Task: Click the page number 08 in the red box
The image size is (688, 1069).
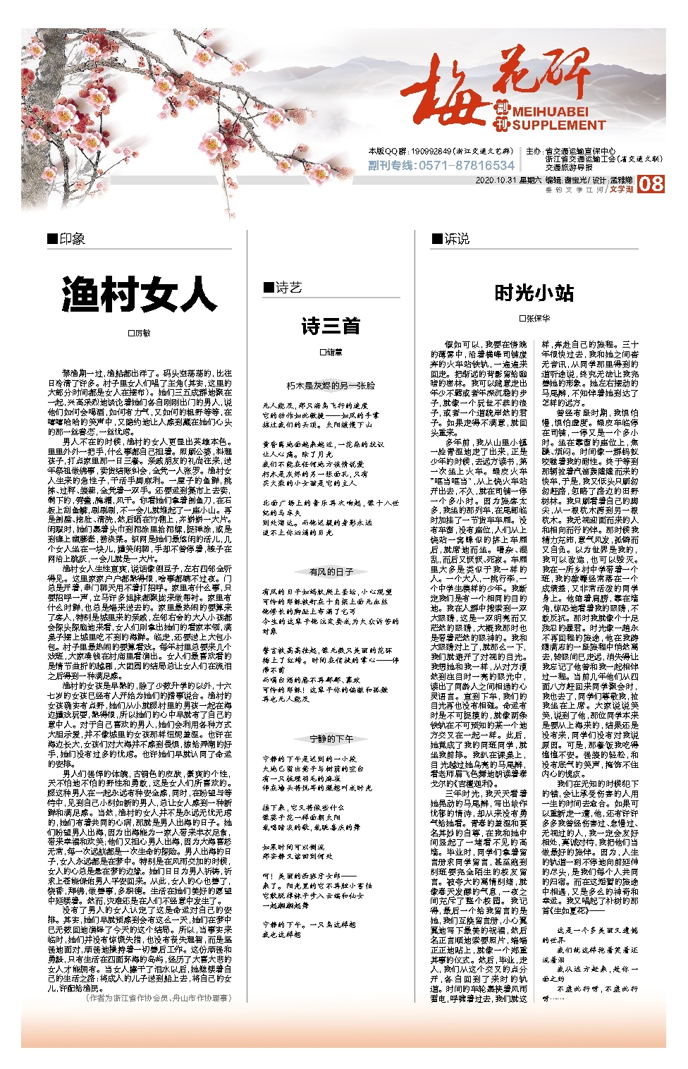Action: [x=651, y=184]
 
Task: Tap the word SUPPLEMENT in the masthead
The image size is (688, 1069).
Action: [x=558, y=126]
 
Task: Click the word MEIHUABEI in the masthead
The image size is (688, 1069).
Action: [x=550, y=112]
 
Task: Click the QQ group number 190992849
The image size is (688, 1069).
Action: [x=426, y=151]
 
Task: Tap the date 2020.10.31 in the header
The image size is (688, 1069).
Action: [x=496, y=181]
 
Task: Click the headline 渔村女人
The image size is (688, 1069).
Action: [x=139, y=294]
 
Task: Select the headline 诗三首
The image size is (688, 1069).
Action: [x=331, y=326]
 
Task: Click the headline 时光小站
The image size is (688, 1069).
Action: [x=534, y=293]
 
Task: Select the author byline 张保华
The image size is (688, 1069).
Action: [x=534, y=318]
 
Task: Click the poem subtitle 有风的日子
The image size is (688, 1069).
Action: [x=331, y=572]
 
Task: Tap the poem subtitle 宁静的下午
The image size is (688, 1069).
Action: [x=331, y=739]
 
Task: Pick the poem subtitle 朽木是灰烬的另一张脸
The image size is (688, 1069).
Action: [x=331, y=386]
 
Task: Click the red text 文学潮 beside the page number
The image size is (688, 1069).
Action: [x=622, y=189]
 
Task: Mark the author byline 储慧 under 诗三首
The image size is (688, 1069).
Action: [x=331, y=351]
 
